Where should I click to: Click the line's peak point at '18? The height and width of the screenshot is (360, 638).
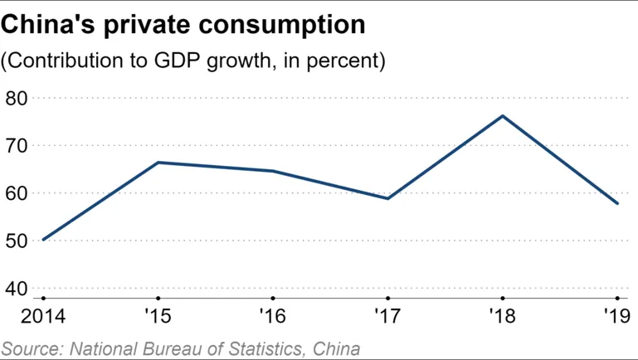pyautogui.click(x=502, y=116)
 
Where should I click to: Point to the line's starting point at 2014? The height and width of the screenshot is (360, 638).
pyautogui.click(x=43, y=240)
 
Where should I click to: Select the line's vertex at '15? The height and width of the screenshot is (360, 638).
pyautogui.click(x=158, y=163)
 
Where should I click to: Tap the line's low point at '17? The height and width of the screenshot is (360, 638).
pyautogui.click(x=387, y=198)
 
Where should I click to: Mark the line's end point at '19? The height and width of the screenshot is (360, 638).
pyautogui.click(x=617, y=203)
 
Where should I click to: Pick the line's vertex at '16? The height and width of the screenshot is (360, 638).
pyautogui.click(x=273, y=171)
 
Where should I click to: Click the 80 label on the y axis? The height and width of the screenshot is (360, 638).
pyautogui.click(x=17, y=98)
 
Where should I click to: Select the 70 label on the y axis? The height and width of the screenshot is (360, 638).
pyautogui.click(x=17, y=145)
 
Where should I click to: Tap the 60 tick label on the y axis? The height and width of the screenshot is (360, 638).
pyautogui.click(x=17, y=193)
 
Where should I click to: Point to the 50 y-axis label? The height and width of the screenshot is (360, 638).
pyautogui.click(x=17, y=241)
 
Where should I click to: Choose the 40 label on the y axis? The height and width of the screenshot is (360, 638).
pyautogui.click(x=17, y=289)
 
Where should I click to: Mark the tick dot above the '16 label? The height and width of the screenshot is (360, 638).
pyautogui.click(x=273, y=298)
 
